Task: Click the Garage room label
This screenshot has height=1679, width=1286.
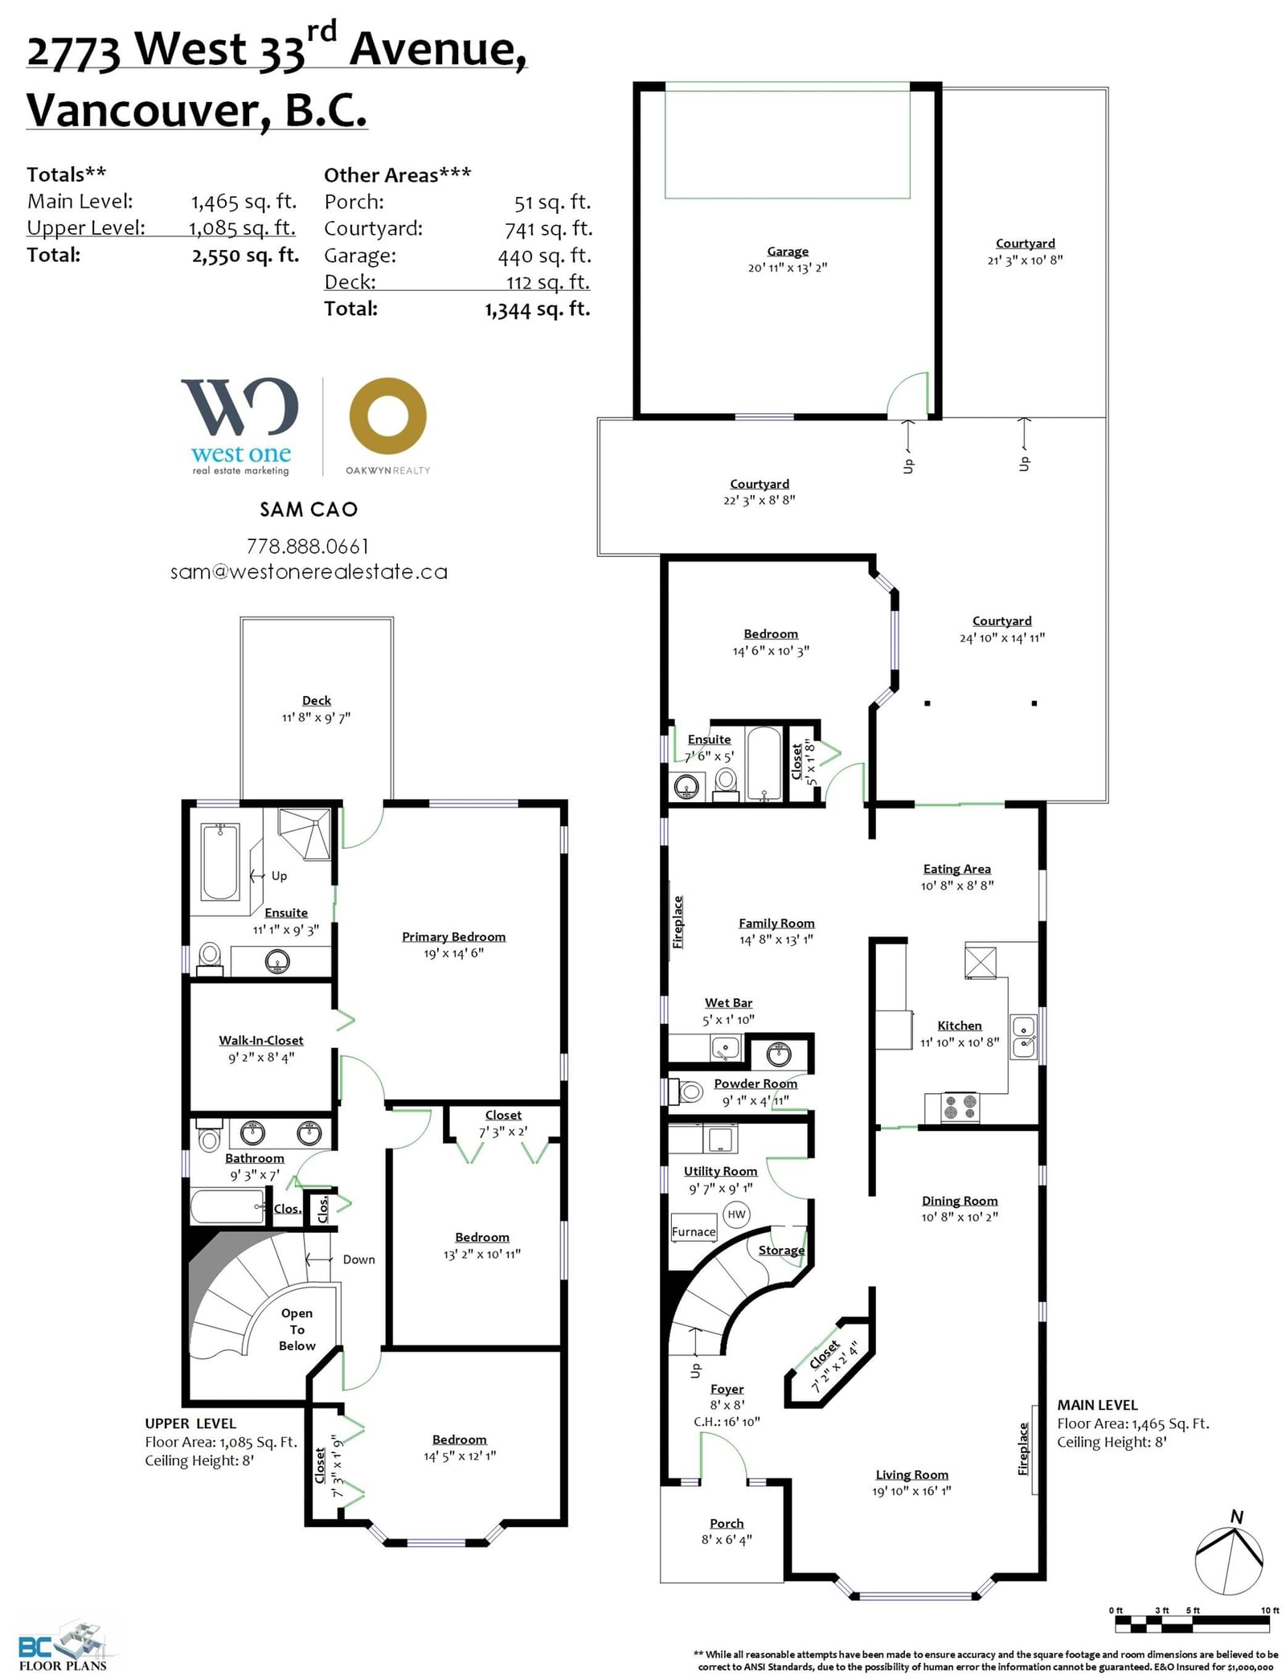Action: (787, 252)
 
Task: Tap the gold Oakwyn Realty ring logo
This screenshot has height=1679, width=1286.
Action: (387, 416)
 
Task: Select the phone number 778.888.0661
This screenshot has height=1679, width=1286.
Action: (308, 547)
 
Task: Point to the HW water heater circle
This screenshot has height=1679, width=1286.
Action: (736, 1214)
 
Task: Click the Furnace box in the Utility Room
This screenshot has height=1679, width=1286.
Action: (694, 1231)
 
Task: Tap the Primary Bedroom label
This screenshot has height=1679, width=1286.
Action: (454, 936)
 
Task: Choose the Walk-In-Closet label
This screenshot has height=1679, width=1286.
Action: (261, 1040)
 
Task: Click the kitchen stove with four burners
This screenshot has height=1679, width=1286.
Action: (960, 1107)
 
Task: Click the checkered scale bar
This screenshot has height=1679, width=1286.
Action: (1193, 1624)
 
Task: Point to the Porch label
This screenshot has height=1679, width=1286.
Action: (727, 1523)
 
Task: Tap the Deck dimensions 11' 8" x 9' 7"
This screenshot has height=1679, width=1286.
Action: (316, 717)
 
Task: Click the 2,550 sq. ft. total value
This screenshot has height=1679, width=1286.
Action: (245, 256)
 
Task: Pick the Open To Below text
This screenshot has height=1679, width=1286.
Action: (297, 1329)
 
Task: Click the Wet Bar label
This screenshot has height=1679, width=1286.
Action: (728, 1002)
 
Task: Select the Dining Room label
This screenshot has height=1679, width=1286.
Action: (960, 1200)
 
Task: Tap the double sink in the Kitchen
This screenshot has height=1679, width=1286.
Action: (1024, 1037)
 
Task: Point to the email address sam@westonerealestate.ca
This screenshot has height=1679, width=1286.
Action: (309, 572)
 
